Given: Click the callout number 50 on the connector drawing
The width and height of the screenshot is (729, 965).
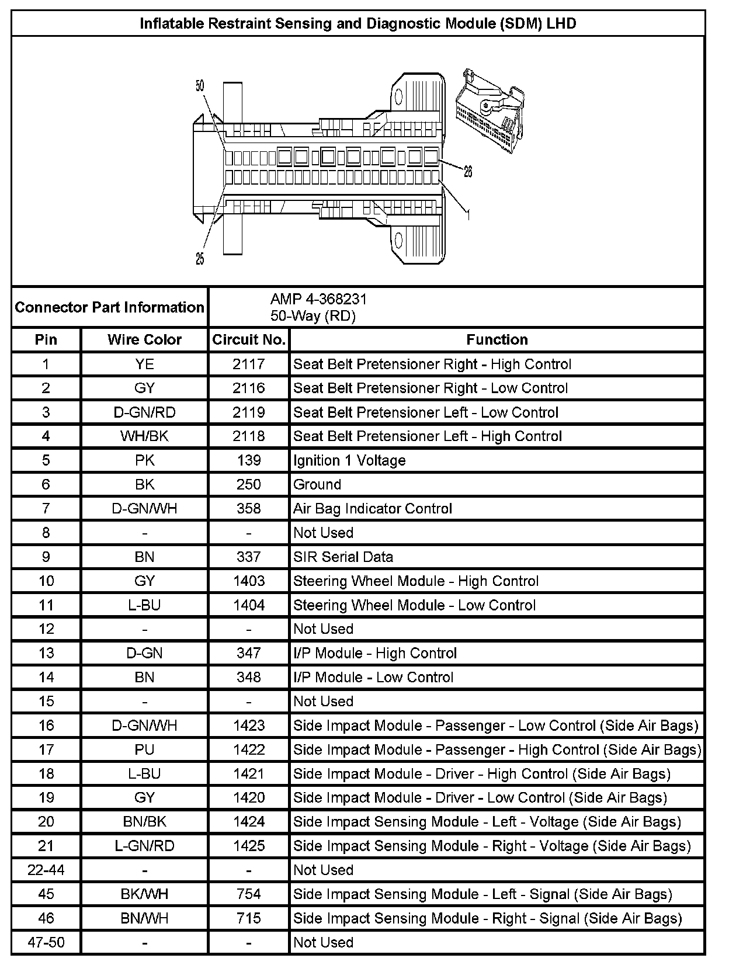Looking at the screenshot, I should [x=200, y=86].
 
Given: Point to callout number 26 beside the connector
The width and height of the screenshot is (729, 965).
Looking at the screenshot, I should [x=467, y=171].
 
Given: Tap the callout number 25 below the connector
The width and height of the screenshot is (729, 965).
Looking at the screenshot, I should [x=200, y=259].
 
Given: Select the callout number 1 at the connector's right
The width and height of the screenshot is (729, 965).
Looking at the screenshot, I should [x=467, y=215].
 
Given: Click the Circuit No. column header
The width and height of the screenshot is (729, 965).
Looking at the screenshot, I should [x=249, y=340].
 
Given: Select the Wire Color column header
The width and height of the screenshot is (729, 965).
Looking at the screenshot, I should [x=144, y=340].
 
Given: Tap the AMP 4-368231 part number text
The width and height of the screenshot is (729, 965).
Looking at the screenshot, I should [x=318, y=299].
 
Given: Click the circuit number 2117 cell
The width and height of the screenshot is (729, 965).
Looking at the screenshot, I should [x=249, y=365].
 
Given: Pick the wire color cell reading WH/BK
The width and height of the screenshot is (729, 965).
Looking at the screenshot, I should [x=144, y=436].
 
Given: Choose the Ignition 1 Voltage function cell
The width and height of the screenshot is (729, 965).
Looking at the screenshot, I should [x=349, y=460].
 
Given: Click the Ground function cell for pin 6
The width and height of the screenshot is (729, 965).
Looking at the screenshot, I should [x=317, y=484].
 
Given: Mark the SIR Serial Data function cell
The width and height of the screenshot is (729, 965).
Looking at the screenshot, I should [x=343, y=557].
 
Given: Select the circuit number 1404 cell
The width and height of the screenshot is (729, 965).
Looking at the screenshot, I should [x=249, y=605].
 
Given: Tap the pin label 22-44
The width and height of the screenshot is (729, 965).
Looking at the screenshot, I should [x=46, y=870].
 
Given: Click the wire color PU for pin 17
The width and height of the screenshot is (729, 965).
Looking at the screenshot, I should [x=144, y=749].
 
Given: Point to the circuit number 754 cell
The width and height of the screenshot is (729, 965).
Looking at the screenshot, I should [x=249, y=894].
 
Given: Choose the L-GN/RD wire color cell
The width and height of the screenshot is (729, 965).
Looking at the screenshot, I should [x=144, y=846].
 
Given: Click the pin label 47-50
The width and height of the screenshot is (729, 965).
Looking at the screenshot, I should [x=46, y=942].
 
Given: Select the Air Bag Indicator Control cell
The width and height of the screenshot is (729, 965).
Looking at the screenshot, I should [x=373, y=509].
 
